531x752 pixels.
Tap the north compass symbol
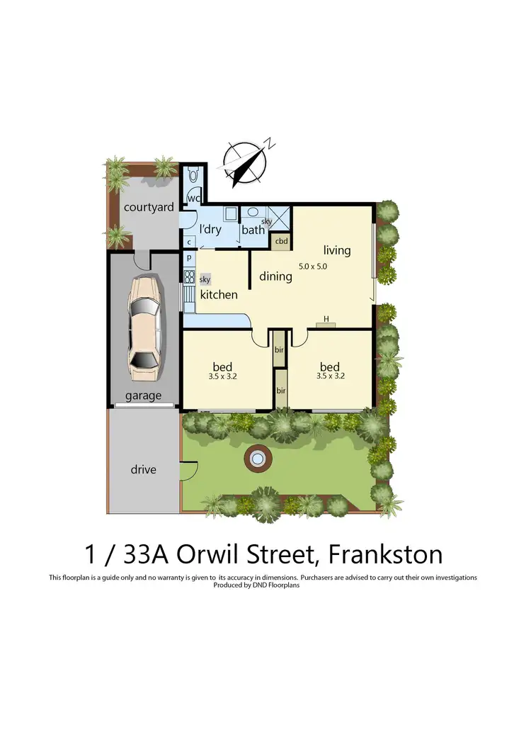pyautogui.click(x=245, y=160)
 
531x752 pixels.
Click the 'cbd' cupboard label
pyautogui.click(x=282, y=241)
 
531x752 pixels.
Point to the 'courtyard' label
pyautogui.click(x=149, y=207)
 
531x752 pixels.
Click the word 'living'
pyautogui.click(x=337, y=249)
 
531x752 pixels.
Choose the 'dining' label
pyautogui.click(x=275, y=276)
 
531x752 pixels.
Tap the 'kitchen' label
pyautogui.click(x=218, y=294)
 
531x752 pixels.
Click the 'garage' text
pyautogui.click(x=144, y=395)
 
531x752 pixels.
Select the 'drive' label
pyautogui.click(x=143, y=469)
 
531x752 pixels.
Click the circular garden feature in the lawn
pyautogui.click(x=257, y=460)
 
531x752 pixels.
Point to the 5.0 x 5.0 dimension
pyautogui.click(x=313, y=266)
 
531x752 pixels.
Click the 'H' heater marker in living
pyautogui.click(x=326, y=320)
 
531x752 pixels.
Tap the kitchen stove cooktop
pyautogui.click(x=189, y=275)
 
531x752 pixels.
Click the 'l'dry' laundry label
pyautogui.click(x=210, y=229)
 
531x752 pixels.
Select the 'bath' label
pyautogui.click(x=253, y=230)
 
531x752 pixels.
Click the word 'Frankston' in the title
pyautogui.click(x=391, y=553)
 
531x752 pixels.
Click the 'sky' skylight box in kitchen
pyautogui.click(x=205, y=280)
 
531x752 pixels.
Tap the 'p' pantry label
pyautogui.click(x=189, y=257)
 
